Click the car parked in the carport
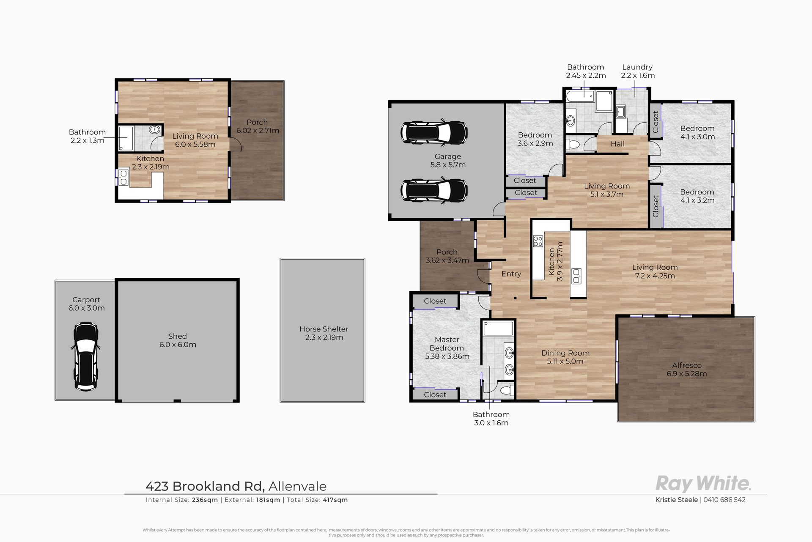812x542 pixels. coord(86,356)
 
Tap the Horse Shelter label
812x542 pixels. coord(324,333)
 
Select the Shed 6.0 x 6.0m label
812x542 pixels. coord(178,340)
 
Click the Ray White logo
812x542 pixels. coord(703,483)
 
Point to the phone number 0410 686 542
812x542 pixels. coord(724,500)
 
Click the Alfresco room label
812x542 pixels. coord(687,370)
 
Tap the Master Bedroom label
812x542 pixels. coord(447,348)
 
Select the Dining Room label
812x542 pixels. coord(565,357)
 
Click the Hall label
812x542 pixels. coord(617,144)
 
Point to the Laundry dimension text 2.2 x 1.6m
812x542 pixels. coord(638,76)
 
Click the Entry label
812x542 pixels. coord(511,274)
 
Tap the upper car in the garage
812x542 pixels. coord(434,132)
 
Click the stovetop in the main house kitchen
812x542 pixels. coord(538,241)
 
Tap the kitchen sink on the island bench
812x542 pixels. coord(576,276)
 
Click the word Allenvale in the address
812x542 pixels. coord(297,486)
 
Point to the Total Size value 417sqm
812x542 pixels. coord(335,500)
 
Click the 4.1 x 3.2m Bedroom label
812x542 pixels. coord(697,196)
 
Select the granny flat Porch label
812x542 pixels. coord(258,126)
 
